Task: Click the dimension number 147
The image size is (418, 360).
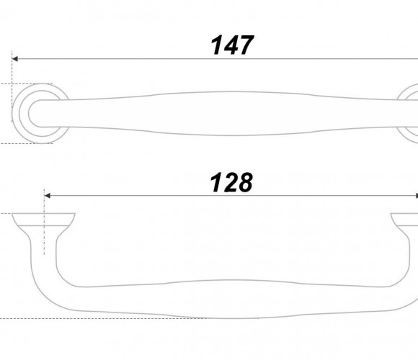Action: click(x=232, y=45)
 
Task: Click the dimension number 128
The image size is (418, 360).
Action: click(x=231, y=182)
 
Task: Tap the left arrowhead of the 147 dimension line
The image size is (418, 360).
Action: click(x=15, y=58)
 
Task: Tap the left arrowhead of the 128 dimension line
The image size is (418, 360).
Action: click(x=48, y=196)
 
